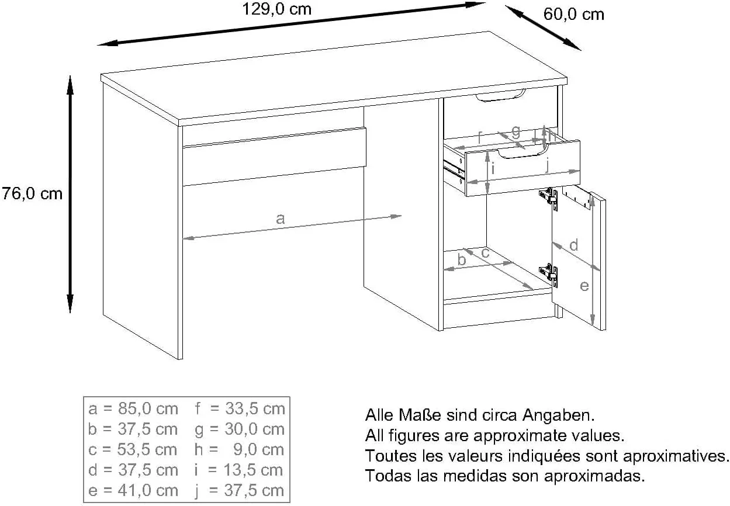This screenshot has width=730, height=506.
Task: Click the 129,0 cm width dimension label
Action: [276, 9]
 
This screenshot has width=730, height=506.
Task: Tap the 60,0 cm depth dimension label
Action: [573, 15]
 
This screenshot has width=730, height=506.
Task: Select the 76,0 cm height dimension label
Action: [32, 193]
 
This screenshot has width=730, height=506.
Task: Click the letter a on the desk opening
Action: [281, 219]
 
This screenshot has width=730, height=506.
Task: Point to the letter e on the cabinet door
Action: [584, 286]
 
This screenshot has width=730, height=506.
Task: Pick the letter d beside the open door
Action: [574, 245]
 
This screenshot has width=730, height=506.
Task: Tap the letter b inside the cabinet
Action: [462, 259]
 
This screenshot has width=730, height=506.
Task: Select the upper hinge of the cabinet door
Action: [549, 197]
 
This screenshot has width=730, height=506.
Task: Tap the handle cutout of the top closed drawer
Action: [500, 95]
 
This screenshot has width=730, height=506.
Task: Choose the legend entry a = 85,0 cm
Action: [133, 409]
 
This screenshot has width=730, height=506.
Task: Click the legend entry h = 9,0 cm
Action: [239, 450]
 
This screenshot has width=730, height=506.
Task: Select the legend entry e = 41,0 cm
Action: [133, 491]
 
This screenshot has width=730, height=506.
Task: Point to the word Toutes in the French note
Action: [391, 456]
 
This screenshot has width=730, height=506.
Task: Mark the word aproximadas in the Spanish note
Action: [594, 476]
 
